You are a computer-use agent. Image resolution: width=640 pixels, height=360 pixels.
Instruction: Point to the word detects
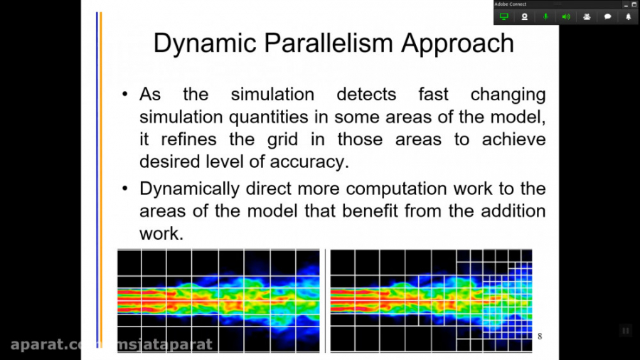[366, 95]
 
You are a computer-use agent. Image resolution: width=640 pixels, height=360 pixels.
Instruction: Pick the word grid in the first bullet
[282, 139]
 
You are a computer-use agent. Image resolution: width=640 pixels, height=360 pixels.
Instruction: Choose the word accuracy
[309, 162]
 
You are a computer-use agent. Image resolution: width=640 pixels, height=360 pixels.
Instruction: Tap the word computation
[396, 189]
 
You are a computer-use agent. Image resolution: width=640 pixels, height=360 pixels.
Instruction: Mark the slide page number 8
[540, 337]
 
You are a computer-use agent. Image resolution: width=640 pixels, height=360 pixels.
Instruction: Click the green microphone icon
[545, 17]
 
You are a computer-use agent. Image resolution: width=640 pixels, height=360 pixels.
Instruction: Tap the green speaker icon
[566, 17]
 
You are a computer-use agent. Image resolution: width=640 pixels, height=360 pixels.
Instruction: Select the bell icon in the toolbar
[628, 17]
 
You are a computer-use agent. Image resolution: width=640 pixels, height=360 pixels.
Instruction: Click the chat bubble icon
[607, 17]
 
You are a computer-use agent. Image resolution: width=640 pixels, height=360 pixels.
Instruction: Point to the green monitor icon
[504, 17]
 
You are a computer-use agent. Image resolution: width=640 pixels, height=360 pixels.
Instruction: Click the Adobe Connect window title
[510, 4]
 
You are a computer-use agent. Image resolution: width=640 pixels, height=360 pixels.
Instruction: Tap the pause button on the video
[625, 331]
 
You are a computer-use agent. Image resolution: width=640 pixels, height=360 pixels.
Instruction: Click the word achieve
[513, 139]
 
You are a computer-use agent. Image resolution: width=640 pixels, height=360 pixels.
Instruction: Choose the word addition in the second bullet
[513, 211]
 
